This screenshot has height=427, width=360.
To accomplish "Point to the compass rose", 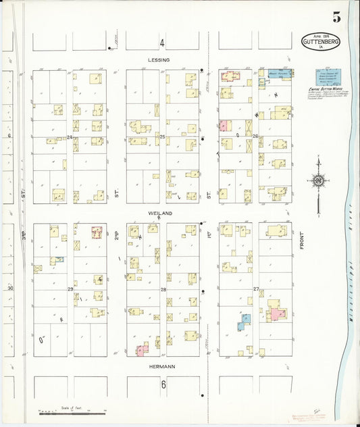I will [x=317, y=180].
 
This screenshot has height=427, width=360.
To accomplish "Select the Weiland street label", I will [x=160, y=213].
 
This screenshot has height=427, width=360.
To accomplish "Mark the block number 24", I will [x=70, y=137].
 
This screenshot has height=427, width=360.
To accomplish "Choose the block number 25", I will [x=162, y=137].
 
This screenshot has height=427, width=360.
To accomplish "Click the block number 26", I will [x=255, y=137].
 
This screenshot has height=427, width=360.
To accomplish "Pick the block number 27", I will [x=256, y=289].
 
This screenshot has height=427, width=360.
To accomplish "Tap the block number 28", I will [x=163, y=289].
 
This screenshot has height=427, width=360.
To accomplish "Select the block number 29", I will [x=70, y=289].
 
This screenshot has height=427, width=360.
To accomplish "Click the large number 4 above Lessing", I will [x=162, y=43].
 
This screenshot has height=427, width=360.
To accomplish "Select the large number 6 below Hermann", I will [x=163, y=384].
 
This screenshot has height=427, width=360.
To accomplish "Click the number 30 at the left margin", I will [x=10, y=288].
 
